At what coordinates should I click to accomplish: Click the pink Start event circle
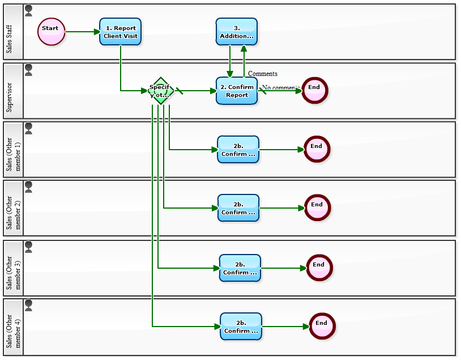point(52,31)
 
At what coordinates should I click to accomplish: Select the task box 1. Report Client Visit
point(120,32)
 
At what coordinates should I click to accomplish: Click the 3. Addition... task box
point(237,32)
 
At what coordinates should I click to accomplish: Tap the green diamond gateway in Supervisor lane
point(160,91)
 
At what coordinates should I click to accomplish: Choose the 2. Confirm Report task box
point(237,91)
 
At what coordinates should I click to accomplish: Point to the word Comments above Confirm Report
point(263,74)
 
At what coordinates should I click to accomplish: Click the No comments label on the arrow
point(280,88)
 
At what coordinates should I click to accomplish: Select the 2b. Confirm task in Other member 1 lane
point(238,150)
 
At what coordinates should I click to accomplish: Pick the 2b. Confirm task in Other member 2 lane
point(238,208)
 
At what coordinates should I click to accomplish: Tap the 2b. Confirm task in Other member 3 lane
point(240,268)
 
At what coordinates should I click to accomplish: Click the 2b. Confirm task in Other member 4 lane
point(241,327)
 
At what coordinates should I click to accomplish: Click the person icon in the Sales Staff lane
point(29,11)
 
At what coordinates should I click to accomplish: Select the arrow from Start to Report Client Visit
point(82,32)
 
